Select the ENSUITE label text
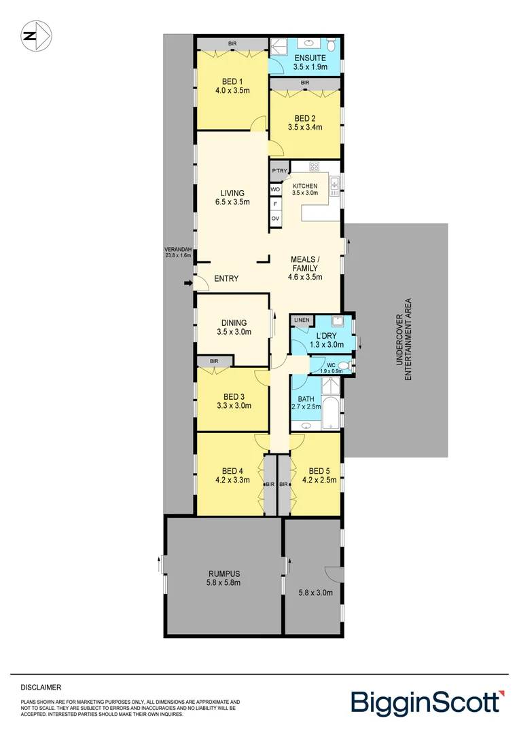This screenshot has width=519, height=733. coord(305,58)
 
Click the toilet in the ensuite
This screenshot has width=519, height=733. coord(330,45)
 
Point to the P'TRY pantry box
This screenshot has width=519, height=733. coord(279,171)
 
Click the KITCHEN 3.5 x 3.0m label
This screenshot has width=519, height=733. coord(305,189)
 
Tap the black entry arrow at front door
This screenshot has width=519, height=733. coord(187,284)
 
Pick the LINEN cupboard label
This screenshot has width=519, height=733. coord(302,320)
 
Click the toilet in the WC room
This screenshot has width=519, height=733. coord(344,366)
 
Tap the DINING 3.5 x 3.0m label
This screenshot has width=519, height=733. coord(233,327)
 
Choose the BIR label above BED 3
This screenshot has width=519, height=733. coord(214,361)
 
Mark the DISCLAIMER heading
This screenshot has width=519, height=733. coord(41,687)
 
